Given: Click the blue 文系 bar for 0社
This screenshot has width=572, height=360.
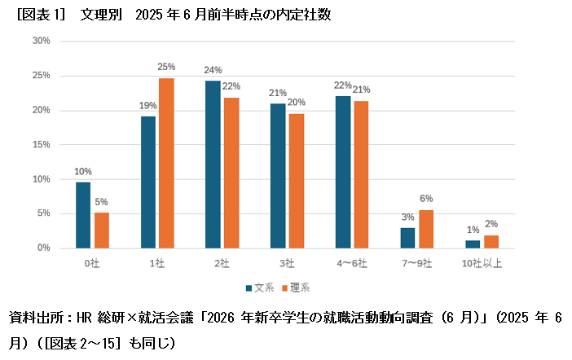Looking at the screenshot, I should [x=83, y=215].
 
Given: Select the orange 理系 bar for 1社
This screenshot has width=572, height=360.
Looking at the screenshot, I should [x=166, y=163].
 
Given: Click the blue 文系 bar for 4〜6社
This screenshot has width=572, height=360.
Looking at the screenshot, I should [x=342, y=172].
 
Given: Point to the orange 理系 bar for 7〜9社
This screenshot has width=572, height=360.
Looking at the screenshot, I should [x=426, y=229].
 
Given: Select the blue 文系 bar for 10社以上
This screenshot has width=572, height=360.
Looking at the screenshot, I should [x=473, y=244].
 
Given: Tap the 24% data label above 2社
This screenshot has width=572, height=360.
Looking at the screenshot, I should [x=213, y=70].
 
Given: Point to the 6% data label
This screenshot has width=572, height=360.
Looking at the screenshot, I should [x=426, y=199].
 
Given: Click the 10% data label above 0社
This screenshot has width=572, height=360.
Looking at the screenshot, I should [x=83, y=171].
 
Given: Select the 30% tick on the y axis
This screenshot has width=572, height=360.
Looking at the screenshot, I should [x=42, y=41].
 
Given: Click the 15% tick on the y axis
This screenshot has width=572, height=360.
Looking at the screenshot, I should [x=42, y=144].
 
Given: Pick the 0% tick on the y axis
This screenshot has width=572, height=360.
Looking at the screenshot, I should [x=44, y=248].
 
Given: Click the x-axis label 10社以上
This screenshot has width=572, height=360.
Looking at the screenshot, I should [x=482, y=263].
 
